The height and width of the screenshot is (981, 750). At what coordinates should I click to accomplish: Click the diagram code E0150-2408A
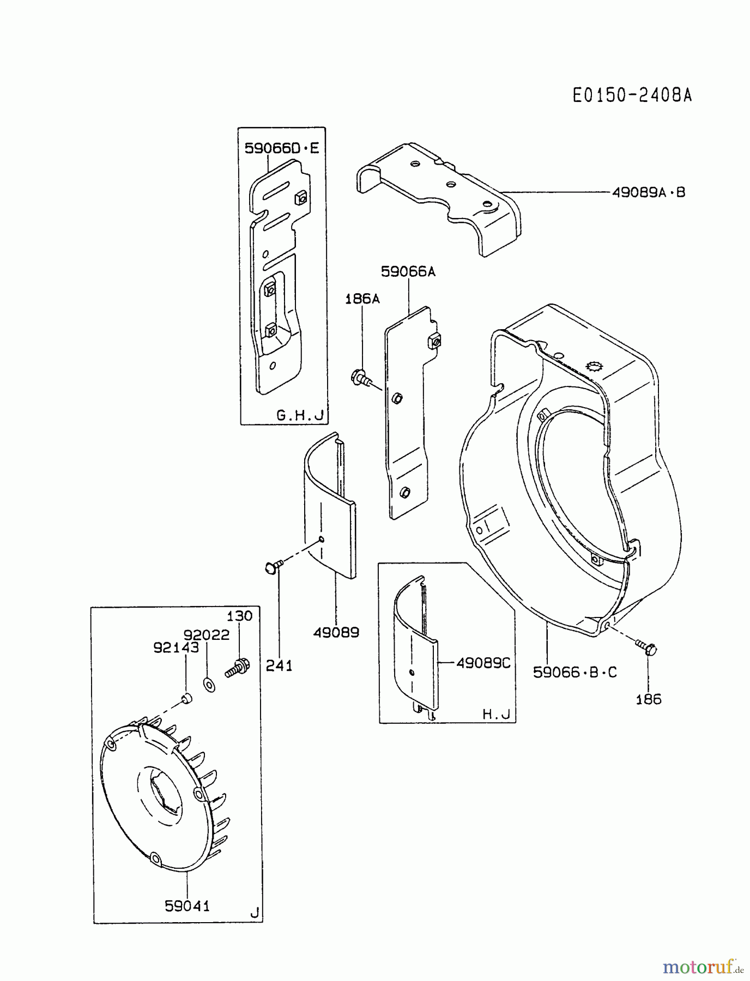[632, 95]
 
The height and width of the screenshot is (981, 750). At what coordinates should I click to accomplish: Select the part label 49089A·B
[649, 192]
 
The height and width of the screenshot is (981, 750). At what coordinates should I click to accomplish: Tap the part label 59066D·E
[281, 148]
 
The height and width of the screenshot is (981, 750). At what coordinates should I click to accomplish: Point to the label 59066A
[408, 271]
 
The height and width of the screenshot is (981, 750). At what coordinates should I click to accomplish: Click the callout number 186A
[362, 299]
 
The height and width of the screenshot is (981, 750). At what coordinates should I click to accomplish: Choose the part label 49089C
[483, 663]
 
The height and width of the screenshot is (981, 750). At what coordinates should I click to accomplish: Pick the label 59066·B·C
[575, 672]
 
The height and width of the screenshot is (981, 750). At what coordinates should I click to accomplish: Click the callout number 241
[279, 665]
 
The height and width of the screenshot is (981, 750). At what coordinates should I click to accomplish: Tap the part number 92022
[206, 635]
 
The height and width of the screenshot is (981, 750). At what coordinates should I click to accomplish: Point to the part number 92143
[176, 647]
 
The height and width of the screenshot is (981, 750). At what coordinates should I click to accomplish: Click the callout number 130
[239, 616]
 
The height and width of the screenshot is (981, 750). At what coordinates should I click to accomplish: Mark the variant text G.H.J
[300, 415]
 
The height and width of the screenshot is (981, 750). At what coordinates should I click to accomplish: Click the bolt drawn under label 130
[238, 668]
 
